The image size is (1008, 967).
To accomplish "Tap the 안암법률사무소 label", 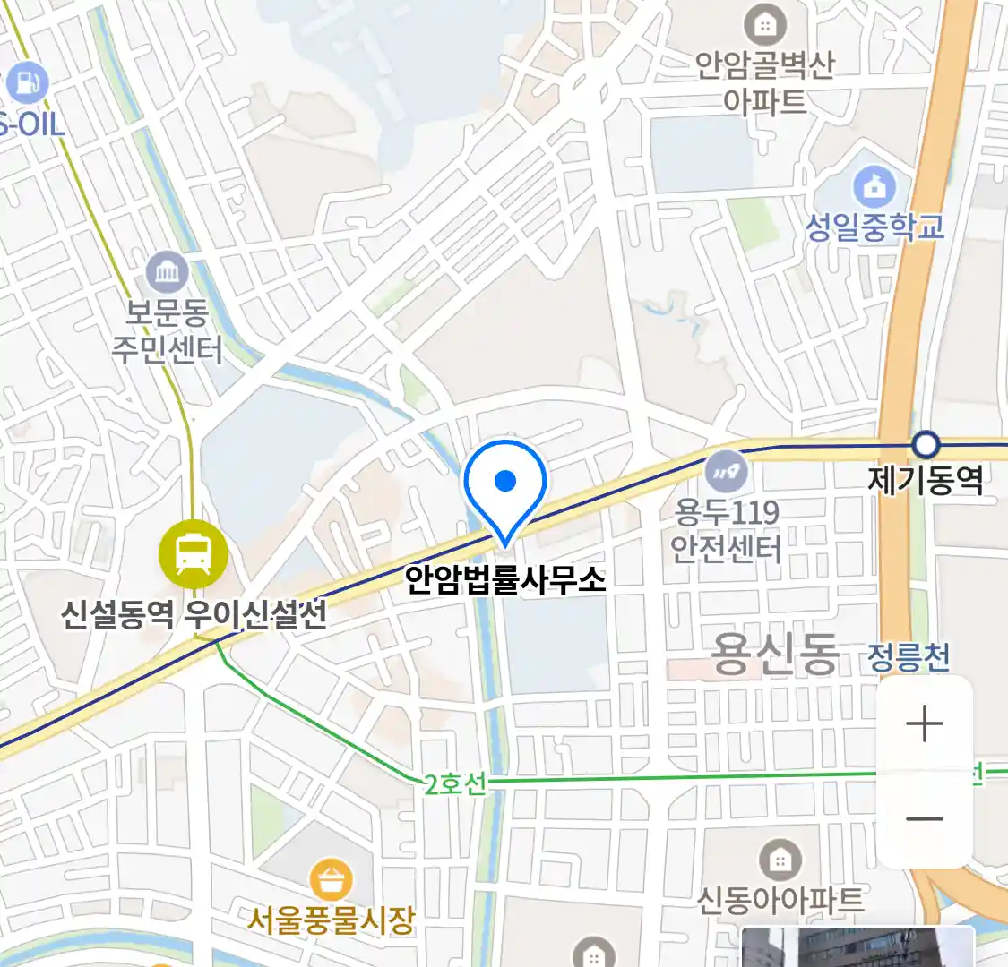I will pos(505,579).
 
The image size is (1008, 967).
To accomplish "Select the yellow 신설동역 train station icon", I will pos(193,554).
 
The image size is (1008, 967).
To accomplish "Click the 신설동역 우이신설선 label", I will pos(194,615).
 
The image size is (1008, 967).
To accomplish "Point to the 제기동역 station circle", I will pos(925,444).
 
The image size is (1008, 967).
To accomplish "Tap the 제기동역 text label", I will pos(925,481).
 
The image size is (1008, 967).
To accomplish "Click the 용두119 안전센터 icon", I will pos(726,470).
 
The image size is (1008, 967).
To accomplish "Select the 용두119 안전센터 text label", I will pos(727,530).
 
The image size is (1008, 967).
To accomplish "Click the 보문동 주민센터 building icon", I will pos(167,272).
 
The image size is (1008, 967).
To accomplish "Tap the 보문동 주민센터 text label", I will pos(167,331).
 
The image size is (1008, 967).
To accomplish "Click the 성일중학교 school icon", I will pos(874,187).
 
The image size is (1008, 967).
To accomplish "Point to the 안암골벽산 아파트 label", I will pos(764,82).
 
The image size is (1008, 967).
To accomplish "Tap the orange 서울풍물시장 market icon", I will pos(331,880).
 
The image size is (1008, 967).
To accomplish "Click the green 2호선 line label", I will pos(455,784).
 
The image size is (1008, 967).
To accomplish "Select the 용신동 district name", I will pos(774,654).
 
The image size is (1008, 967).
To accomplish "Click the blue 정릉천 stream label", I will pos(909,657).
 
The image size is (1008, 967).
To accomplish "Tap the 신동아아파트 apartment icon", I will pos(780,860).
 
